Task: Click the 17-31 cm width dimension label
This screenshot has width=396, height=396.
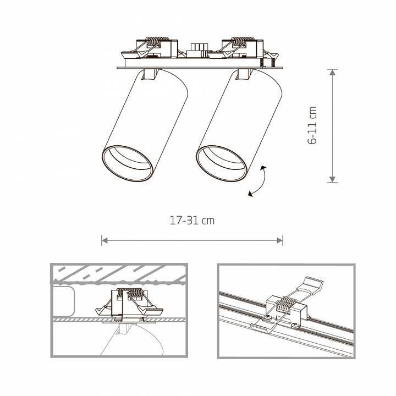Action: click(x=192, y=221)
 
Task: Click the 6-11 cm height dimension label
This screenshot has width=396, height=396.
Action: click(x=313, y=125)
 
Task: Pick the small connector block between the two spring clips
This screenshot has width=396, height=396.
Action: click(x=198, y=48)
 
